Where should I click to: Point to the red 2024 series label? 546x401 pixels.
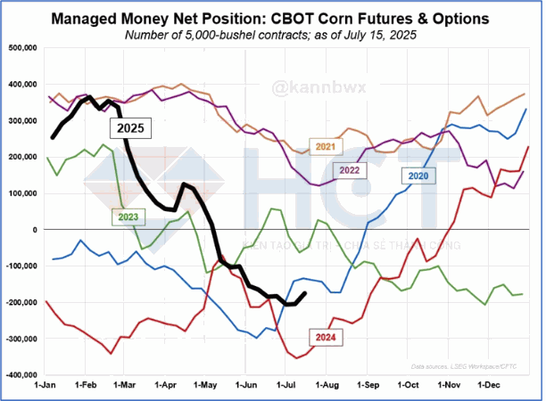(x=324, y=336)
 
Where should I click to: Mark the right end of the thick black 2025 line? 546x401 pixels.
(x=305, y=293)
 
